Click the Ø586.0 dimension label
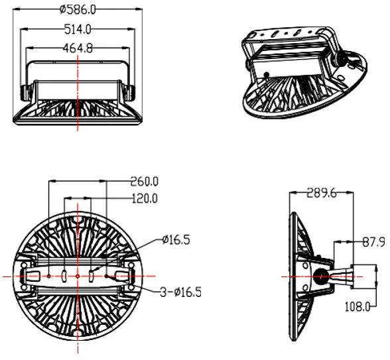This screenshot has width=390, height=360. pos(78,10)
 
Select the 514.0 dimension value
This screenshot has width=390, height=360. pos(78,29)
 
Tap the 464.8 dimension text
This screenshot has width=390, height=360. pos(78,48)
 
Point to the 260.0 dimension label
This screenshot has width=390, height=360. pos(145,181)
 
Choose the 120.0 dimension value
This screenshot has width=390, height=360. pos(145,198)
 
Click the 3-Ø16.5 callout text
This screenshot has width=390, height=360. pos(180,292)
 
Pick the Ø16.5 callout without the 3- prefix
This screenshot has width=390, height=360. pos(176,240)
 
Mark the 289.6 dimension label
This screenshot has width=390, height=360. pos(322,193)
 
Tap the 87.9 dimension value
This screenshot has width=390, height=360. pos(374,242)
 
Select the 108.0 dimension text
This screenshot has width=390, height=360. pos(357,307)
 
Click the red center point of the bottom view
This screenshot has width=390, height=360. pos(78,276)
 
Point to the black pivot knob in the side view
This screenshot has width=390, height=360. pos(321,276)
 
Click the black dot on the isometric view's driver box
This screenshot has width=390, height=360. pos(267,74)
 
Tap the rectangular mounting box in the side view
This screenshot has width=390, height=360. pos(363,276)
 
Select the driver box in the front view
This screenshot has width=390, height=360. pos(78,90)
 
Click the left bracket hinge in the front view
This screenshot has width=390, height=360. pos(25,93)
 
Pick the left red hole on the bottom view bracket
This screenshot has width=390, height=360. pos(49,276)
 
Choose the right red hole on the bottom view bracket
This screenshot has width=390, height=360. pos(106,276)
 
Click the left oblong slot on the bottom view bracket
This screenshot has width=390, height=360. pos(64,276)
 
